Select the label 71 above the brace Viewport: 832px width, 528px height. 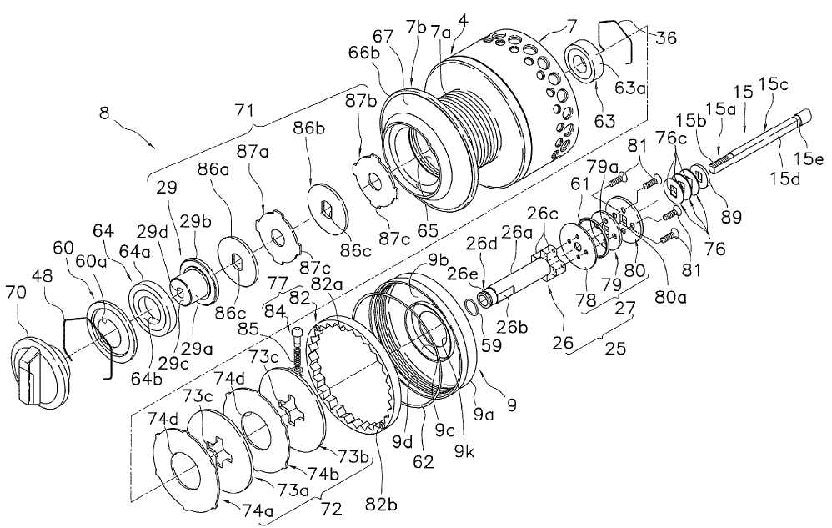pyautogui.click(x=244, y=110)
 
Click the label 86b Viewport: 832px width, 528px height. pyautogui.click(x=314, y=129)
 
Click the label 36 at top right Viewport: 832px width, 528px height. pyautogui.click(x=665, y=38)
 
